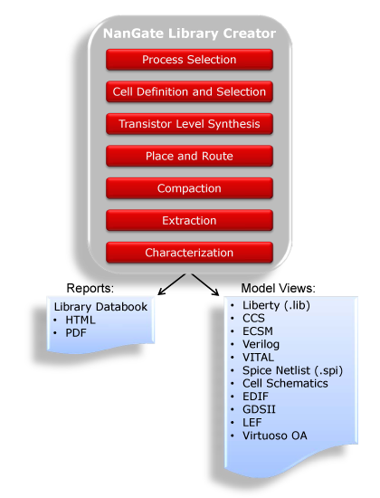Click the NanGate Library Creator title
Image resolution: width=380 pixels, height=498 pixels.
tap(189, 34)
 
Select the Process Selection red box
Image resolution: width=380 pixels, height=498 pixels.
tap(189, 60)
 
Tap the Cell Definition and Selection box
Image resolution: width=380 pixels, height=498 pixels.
tap(189, 91)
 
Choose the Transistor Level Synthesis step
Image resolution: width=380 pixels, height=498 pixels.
tap(189, 124)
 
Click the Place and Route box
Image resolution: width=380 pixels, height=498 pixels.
tap(189, 156)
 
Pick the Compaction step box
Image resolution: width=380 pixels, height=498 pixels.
tap(189, 188)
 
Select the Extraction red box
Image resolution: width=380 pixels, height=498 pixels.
tap(189, 220)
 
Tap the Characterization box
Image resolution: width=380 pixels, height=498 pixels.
tap(189, 253)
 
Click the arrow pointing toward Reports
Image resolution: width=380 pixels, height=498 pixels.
tap(172, 284)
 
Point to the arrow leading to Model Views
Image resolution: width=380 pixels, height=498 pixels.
tap(205, 284)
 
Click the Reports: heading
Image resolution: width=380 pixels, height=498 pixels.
tap(90, 288)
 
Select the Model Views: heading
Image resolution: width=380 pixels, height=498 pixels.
tap(279, 288)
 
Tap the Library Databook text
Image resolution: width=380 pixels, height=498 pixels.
tap(100, 307)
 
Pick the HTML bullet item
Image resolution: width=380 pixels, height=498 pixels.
tap(81, 320)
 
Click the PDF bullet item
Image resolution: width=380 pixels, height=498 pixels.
tap(76, 333)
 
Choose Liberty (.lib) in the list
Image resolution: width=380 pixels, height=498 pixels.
tap(276, 305)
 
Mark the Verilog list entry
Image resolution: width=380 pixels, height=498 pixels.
tap(261, 344)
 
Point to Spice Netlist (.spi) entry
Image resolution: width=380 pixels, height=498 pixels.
tap(293, 370)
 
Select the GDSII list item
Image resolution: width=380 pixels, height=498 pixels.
tap(259, 409)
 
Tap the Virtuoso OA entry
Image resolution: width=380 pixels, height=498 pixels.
tap(275, 436)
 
